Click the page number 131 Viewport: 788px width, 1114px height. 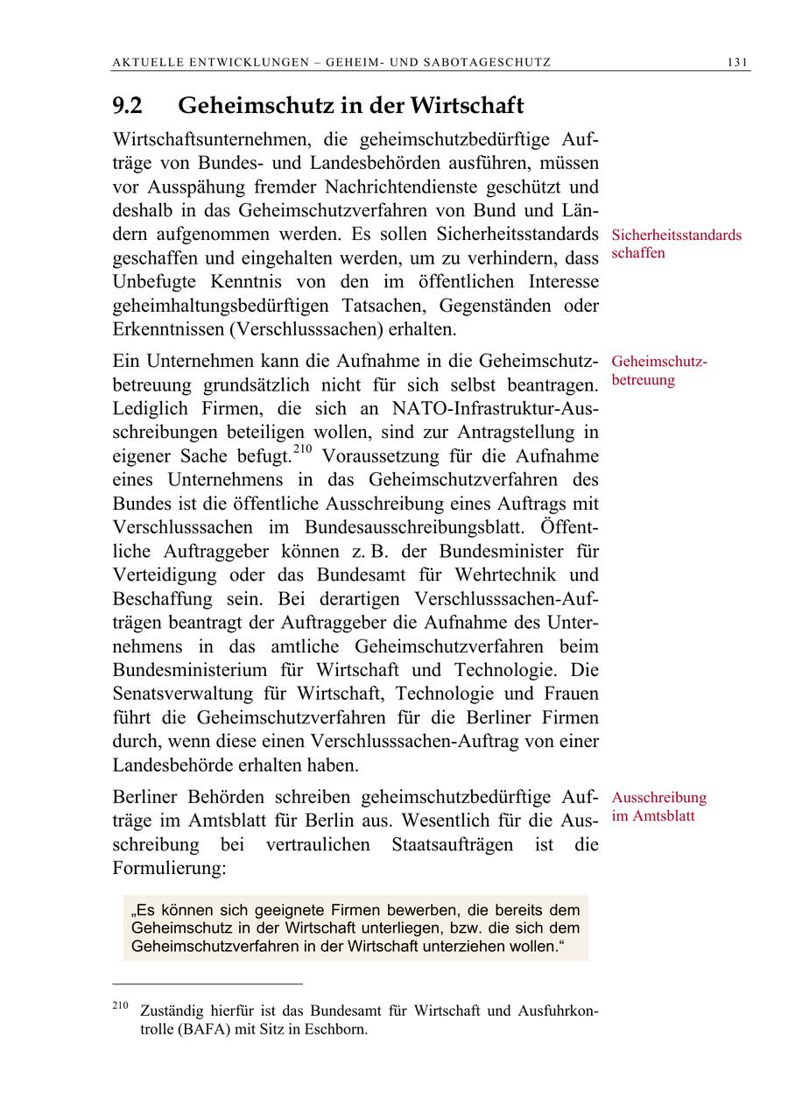[x=737, y=62]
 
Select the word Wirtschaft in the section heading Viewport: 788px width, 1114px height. [x=468, y=106]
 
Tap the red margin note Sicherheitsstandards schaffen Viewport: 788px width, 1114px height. [x=676, y=244]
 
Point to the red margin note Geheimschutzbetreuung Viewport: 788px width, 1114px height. [x=659, y=370]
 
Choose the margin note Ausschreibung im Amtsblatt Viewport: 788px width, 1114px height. [x=658, y=807]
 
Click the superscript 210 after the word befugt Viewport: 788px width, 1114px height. [x=302, y=450]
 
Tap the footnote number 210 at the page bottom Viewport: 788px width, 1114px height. [x=121, y=1005]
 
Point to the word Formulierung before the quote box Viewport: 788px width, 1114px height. [x=169, y=869]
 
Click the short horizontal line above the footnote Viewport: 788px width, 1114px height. [x=208, y=984]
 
